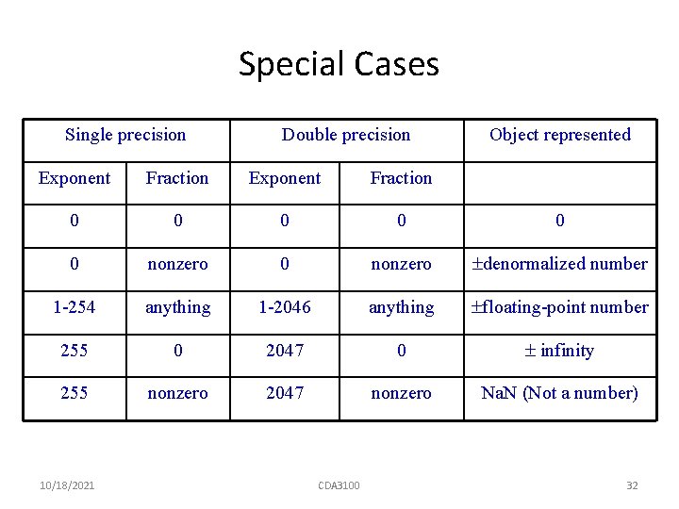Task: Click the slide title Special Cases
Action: pyautogui.click(x=339, y=64)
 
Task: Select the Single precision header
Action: pyautogui.click(x=125, y=135)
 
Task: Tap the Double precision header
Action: pyautogui.click(x=346, y=135)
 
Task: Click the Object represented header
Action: pyautogui.click(x=560, y=135)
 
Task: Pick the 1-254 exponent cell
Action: pyautogui.click(x=75, y=307)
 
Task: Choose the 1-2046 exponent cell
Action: pyautogui.click(x=285, y=307)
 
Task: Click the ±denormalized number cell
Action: pyautogui.click(x=560, y=264)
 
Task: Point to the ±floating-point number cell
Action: pyautogui.click(x=560, y=307)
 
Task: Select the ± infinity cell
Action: pyautogui.click(x=560, y=351)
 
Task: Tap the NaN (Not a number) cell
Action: pyautogui.click(x=560, y=393)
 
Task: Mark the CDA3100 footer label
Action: pyautogui.click(x=339, y=485)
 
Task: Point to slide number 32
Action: pyautogui.click(x=632, y=485)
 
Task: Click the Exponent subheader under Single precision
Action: pyautogui.click(x=75, y=178)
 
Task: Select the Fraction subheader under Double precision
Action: pyautogui.click(x=401, y=178)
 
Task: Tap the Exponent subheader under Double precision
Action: pyautogui.click(x=285, y=178)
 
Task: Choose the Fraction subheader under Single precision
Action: pyautogui.click(x=177, y=178)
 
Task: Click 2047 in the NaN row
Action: pyautogui.click(x=285, y=393)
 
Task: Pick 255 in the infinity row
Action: pyautogui.click(x=75, y=351)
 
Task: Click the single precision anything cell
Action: pyautogui.click(x=177, y=307)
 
